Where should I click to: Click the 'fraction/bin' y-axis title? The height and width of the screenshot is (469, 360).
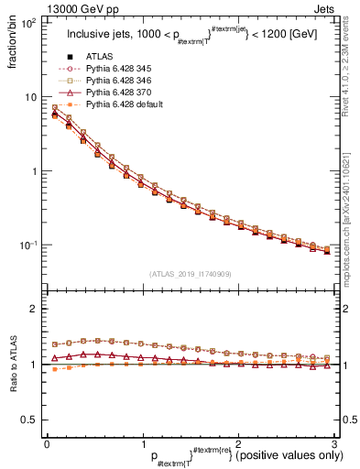tap(11, 43)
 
